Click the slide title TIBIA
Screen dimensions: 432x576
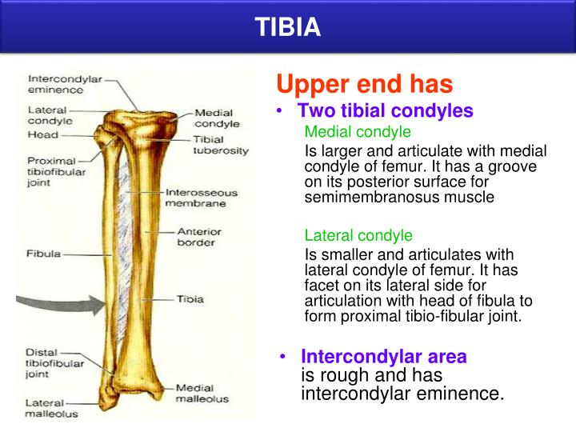288,28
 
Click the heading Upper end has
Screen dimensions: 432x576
364,83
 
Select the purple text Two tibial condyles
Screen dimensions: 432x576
385,111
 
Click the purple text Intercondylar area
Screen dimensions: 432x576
383,357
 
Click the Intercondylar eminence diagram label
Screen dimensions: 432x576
61,86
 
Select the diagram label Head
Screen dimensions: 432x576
42,134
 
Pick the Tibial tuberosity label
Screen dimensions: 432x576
221,144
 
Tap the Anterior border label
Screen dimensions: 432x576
199,237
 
